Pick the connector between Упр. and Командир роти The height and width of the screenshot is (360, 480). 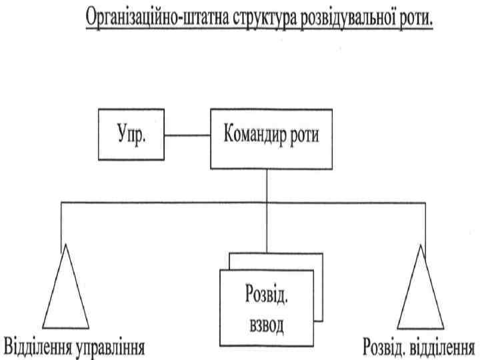click(x=188, y=135)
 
